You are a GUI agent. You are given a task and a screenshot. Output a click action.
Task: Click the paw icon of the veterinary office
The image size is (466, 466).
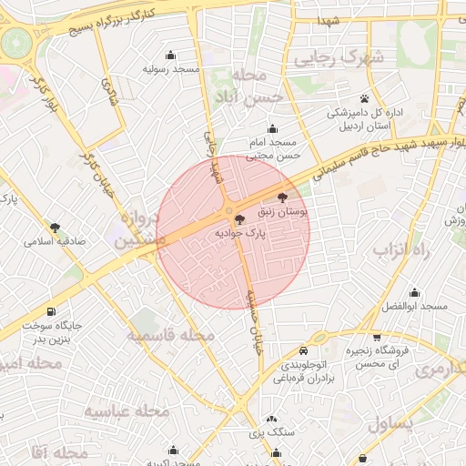pyautogui.click(x=365, y=97)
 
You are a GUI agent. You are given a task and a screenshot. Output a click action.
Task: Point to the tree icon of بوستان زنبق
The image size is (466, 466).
pyautogui.click(x=282, y=197)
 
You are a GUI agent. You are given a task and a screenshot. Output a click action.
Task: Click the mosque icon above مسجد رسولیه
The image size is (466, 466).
pyautogui.click(x=170, y=55)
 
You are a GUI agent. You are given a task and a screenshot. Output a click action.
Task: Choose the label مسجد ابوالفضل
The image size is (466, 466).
pyautogui.click(x=414, y=307)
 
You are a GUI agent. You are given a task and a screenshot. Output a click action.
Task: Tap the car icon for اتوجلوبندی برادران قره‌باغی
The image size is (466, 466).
pyautogui.click(x=303, y=350)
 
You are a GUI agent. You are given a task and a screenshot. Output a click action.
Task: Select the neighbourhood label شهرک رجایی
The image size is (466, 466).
pyautogui.click(x=339, y=57)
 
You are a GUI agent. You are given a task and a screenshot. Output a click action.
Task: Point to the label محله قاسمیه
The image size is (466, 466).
pyautogui.click(x=171, y=336)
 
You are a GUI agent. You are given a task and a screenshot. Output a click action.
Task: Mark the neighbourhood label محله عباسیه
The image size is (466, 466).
pyautogui.click(x=127, y=411)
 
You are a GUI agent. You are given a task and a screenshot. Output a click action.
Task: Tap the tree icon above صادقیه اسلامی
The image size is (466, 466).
pyautogui.click(x=56, y=228)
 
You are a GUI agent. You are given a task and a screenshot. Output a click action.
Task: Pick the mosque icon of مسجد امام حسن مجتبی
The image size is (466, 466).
pyautogui.click(x=272, y=128)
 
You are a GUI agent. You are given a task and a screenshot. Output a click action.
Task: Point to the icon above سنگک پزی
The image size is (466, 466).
pyautogui.click(x=274, y=418)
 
